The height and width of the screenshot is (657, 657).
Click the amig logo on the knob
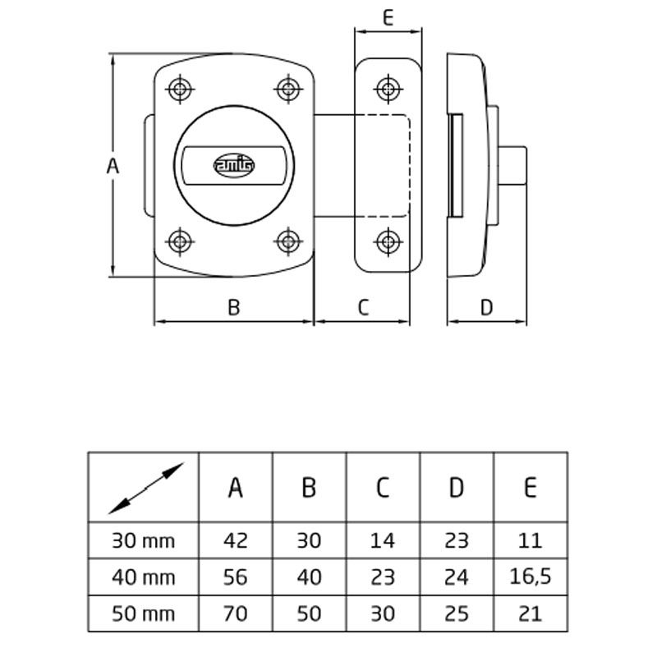coord(235,166)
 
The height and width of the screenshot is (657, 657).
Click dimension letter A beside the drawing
coord(113,167)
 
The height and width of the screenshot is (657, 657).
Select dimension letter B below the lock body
coord(233,307)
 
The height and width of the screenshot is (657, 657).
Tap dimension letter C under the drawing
coord(364,307)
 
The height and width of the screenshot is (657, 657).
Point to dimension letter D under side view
coord(486,307)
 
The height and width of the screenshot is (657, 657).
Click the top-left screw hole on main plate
coord(180,89)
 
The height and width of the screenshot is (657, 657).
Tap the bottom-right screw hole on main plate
coord(288,241)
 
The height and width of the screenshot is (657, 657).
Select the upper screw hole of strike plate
coord(387,88)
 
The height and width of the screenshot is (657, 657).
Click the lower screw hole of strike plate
coord(387,241)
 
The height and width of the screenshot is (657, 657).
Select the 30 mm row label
coord(144,540)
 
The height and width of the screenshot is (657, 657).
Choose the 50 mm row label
coord(144,613)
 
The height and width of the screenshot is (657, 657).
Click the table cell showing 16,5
coord(530,577)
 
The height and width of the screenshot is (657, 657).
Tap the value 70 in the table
coord(235,613)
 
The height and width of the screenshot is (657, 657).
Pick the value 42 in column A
coord(235,540)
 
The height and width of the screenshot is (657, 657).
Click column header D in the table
coord(457,487)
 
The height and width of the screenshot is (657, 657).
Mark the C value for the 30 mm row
coord(383,540)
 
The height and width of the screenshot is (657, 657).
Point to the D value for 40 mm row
coord(457,577)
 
